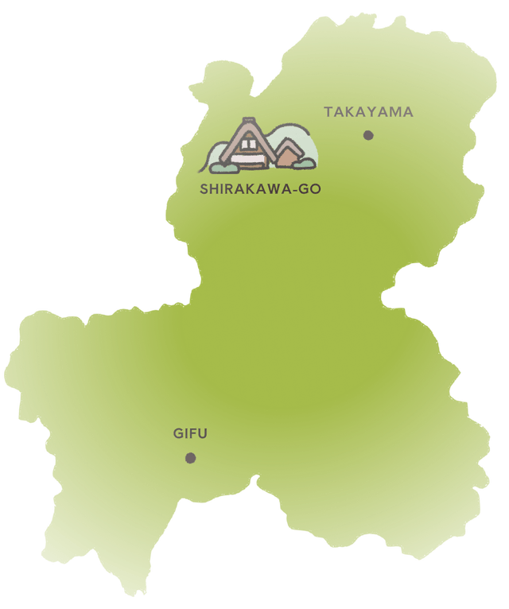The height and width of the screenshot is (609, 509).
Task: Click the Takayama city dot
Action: coord(368,135)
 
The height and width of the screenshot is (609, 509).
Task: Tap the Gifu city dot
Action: coord(190,458)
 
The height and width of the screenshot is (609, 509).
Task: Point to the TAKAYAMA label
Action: coord(368,112)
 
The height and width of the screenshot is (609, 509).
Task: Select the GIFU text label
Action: coord(190,434)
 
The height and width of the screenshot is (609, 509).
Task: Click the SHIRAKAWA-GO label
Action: coord(260,189)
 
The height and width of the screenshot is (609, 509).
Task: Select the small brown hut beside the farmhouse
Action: coord(286,156)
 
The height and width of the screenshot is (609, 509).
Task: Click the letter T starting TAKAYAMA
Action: coord(328,112)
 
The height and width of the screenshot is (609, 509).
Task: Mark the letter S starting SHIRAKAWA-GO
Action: coord(204,189)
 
